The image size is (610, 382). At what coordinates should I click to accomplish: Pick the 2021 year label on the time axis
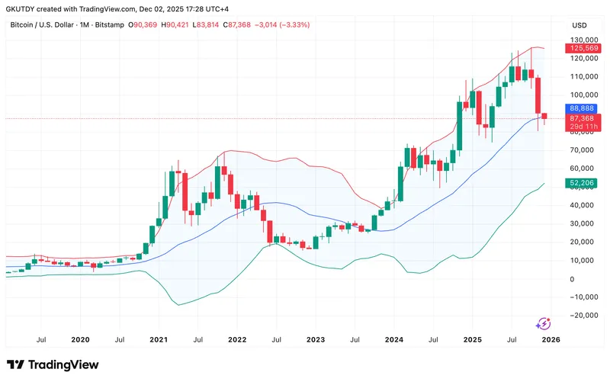[159, 339]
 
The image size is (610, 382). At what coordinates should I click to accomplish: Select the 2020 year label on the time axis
[80, 339]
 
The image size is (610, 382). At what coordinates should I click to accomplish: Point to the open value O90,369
[144, 25]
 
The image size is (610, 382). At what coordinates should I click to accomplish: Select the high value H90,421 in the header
[177, 25]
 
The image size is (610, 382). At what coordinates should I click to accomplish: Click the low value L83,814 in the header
[209, 25]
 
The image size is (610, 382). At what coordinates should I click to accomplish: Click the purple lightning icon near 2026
[544, 323]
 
